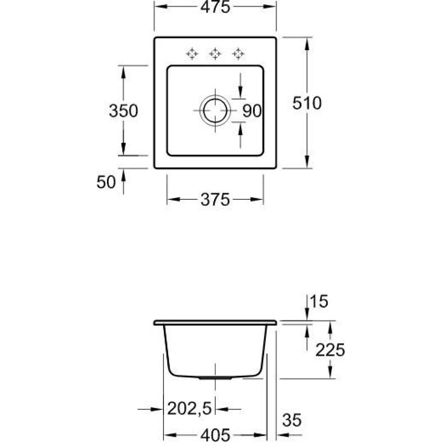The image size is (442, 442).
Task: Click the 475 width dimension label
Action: pyautogui.click(x=215, y=7)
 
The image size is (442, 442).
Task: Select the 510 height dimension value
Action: pyautogui.click(x=307, y=103)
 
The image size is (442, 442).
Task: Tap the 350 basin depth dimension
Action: pyautogui.click(x=123, y=110)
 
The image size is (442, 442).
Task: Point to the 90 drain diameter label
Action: pyautogui.click(x=252, y=110)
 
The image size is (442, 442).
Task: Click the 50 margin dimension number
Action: pyautogui.click(x=106, y=182)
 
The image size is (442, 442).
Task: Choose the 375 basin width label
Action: pyautogui.click(x=215, y=200)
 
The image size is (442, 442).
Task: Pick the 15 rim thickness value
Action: pyautogui.click(x=319, y=301)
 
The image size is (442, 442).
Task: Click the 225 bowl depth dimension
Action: pyautogui.click(x=330, y=350)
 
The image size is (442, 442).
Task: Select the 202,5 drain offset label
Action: pyautogui.click(x=190, y=408)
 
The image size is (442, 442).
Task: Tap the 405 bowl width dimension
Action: pyautogui.click(x=215, y=435)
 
